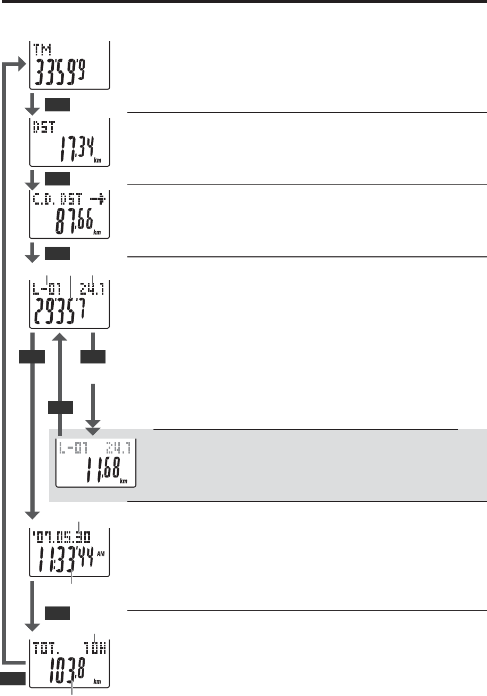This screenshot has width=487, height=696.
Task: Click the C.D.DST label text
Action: (56, 200)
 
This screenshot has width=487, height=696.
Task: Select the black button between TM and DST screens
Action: (57, 104)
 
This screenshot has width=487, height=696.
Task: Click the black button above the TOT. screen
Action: (57, 614)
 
